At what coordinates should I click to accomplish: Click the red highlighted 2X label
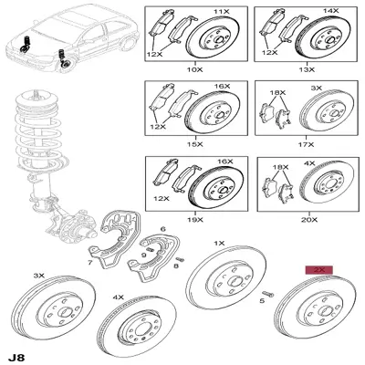(x=319, y=270)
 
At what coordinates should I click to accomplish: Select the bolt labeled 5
(x=268, y=294)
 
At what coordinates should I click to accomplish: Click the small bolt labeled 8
(x=181, y=259)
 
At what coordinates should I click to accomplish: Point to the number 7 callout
(x=90, y=262)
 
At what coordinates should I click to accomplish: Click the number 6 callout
(x=162, y=229)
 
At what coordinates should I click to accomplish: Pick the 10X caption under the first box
(x=194, y=69)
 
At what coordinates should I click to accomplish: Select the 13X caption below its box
(x=307, y=69)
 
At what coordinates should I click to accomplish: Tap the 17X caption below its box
(x=307, y=144)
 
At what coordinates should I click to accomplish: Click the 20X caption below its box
(x=309, y=220)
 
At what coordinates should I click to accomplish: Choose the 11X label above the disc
(x=222, y=12)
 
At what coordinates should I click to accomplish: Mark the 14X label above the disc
(x=330, y=11)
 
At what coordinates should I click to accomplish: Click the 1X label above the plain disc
(x=219, y=244)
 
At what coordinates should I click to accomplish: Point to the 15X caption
(x=194, y=144)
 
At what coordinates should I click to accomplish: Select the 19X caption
(x=194, y=220)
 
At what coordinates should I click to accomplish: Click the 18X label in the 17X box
(x=278, y=92)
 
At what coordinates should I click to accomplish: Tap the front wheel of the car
(x=66, y=65)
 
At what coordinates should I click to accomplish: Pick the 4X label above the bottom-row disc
(x=119, y=297)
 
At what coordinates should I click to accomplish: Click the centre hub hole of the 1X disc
(x=234, y=282)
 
